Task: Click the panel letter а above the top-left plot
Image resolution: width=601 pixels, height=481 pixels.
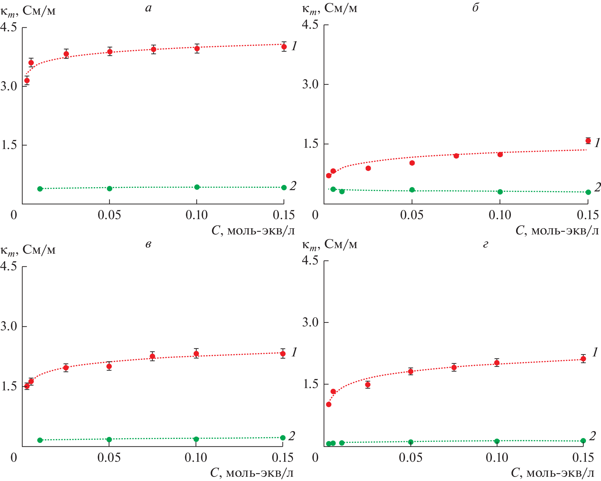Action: (x=148, y=8)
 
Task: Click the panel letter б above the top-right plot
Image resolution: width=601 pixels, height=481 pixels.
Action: (x=475, y=8)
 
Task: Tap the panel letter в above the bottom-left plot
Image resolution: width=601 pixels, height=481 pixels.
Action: (x=148, y=244)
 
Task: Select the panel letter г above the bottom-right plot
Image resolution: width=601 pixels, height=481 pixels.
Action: (x=485, y=244)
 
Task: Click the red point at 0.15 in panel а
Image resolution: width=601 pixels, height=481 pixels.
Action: (x=284, y=47)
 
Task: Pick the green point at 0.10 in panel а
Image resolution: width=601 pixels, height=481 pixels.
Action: (x=197, y=187)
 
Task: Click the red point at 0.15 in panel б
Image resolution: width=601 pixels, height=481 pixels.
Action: (x=588, y=141)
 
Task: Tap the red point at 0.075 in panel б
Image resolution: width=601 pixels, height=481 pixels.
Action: (x=456, y=156)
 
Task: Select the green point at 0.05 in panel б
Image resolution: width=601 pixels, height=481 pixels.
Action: (x=412, y=190)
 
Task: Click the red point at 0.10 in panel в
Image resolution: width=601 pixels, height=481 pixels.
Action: (x=196, y=353)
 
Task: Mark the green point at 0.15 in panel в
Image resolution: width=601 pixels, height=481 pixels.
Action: (x=283, y=438)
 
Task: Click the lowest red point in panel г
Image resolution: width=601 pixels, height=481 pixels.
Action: (x=329, y=404)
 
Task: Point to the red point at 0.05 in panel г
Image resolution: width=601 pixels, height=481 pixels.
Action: (x=411, y=371)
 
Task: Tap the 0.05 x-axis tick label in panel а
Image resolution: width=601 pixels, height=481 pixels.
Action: (x=109, y=215)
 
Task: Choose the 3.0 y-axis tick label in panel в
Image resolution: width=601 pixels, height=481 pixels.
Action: (x=9, y=326)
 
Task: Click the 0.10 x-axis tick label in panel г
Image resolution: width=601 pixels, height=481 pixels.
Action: (x=497, y=458)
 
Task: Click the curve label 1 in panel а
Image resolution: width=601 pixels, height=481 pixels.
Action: (x=294, y=46)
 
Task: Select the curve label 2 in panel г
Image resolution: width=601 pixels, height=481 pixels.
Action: (x=592, y=436)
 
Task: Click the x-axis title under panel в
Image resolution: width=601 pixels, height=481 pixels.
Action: (x=252, y=473)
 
